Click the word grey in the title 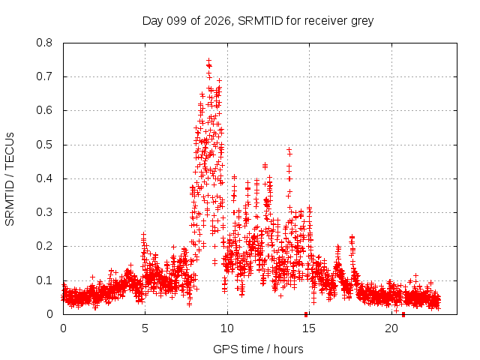coord(362,22)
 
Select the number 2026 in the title coord(217,21)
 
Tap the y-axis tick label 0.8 coord(44,43)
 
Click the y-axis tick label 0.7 coord(44,76)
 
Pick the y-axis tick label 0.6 coord(44,110)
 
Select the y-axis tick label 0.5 coord(44,145)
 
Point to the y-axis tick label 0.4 coord(44,178)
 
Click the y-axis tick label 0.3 coord(44,212)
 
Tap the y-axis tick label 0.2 coord(44,246)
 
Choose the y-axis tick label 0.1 coord(44,280)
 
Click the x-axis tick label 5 coord(145,328)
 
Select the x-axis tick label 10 coord(226,328)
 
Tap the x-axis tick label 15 coord(309,328)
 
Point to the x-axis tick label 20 coord(391,328)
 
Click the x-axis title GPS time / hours coord(258,349)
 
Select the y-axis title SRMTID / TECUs coord(10,179)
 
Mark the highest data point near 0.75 coord(208,60)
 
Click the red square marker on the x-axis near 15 coord(306,315)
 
